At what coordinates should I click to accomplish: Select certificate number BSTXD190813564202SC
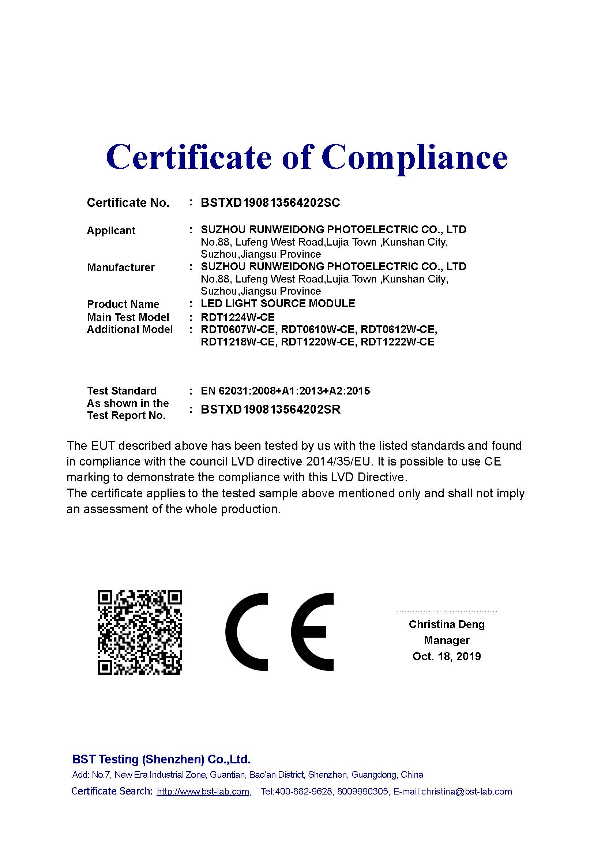270,203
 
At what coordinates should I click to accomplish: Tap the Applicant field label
111,231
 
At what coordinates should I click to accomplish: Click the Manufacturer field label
120,268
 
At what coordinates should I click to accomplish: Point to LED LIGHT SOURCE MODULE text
278,303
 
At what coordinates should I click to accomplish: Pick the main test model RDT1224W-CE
238,317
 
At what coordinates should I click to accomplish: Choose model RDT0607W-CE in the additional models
238,330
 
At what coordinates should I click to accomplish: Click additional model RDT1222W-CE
398,342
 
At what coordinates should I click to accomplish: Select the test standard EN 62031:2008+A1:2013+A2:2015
285,391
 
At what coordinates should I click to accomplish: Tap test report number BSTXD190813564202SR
270,410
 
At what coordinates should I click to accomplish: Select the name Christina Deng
447,624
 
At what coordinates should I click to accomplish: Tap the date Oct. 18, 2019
447,657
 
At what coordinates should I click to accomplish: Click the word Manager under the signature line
447,640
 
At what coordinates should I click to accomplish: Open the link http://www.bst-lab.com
203,792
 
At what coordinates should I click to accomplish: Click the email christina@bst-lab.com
466,792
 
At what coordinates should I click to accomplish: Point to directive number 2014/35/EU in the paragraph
339,462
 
